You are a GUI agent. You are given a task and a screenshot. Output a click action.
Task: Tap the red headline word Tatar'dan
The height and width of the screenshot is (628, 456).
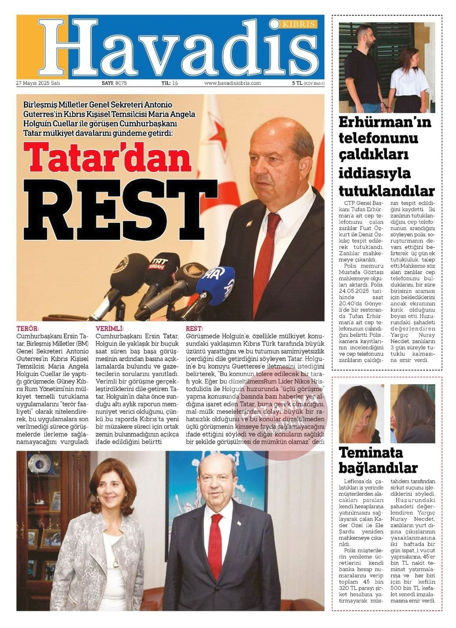107,157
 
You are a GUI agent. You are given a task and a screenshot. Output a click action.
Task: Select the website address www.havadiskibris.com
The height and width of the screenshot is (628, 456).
232,83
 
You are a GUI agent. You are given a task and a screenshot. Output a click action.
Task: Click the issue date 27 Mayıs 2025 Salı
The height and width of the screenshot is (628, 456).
38,83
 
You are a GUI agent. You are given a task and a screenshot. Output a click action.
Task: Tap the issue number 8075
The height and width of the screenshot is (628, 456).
121,83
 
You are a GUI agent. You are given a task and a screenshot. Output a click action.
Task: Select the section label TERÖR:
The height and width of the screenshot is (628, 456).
28,328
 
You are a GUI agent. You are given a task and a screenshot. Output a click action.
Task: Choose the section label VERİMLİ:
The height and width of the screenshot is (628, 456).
110,328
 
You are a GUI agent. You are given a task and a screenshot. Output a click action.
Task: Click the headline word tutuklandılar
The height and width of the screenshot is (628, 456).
387,191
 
